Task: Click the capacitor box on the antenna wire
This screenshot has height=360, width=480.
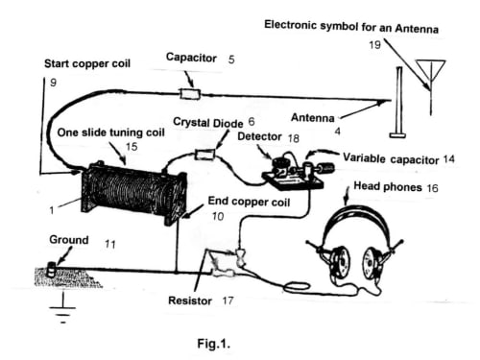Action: click(190, 94)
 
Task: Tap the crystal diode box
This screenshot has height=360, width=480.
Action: click(205, 155)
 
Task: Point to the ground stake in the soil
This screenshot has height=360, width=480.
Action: click(51, 269)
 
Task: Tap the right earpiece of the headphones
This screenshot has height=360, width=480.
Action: click(371, 262)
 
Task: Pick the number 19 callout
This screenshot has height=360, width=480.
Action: click(374, 45)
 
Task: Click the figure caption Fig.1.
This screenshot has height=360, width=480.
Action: click(213, 344)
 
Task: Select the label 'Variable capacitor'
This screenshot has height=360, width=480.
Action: click(391, 158)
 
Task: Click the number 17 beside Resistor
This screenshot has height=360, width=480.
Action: click(228, 300)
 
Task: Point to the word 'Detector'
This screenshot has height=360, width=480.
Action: click(259, 136)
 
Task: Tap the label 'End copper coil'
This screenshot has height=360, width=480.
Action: click(249, 202)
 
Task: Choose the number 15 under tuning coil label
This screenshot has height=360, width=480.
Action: click(132, 147)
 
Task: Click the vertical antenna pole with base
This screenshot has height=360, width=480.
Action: click(398, 103)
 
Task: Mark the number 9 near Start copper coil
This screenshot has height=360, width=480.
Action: click(53, 83)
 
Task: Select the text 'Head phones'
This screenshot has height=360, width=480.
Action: click(388, 186)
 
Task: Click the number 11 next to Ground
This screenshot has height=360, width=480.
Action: click(110, 245)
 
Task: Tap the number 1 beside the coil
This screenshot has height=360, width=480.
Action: click(52, 210)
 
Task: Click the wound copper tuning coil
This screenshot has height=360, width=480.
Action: click(133, 193)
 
